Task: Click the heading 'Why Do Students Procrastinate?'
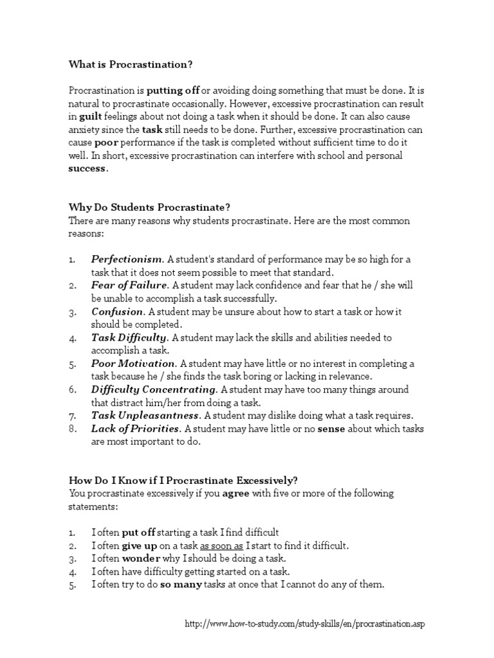pyautogui.click(x=149, y=207)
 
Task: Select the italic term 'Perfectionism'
pyautogui.click(x=127, y=260)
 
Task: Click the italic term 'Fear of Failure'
pyautogui.click(x=129, y=285)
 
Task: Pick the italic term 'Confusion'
pyautogui.click(x=116, y=312)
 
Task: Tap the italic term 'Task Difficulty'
pyautogui.click(x=129, y=337)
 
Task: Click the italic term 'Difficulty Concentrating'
pyautogui.click(x=154, y=389)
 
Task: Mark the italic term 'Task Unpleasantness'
pyautogui.click(x=143, y=415)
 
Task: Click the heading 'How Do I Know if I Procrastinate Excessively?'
pyautogui.click(x=183, y=480)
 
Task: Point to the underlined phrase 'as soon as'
pyautogui.click(x=222, y=546)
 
